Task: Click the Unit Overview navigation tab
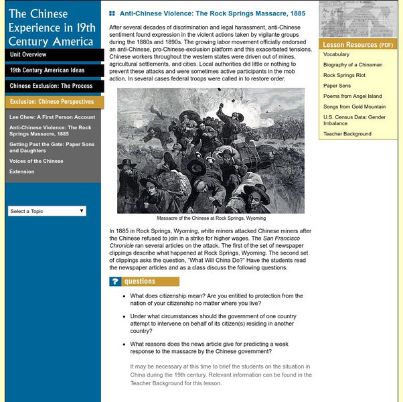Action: click(28, 54)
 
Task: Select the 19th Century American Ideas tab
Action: click(47, 70)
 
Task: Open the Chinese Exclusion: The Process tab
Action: click(51, 86)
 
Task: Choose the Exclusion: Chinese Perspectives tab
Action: click(52, 102)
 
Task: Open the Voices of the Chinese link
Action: click(35, 161)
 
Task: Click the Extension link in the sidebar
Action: click(21, 172)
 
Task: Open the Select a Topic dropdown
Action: click(47, 211)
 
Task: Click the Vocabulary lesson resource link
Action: click(336, 54)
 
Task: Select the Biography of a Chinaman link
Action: click(353, 65)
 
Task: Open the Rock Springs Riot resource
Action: click(345, 75)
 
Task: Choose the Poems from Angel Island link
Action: click(352, 96)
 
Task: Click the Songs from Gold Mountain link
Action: click(354, 107)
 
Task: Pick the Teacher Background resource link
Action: click(347, 133)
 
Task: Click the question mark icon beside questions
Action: click(115, 282)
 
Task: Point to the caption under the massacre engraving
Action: click(211, 218)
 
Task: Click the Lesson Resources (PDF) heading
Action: click(357, 45)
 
